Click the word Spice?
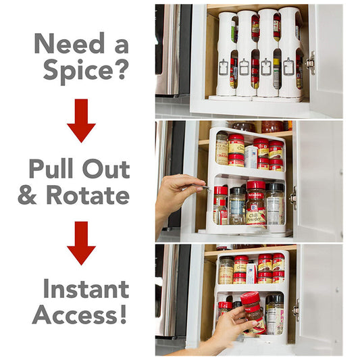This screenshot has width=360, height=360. pos(85,69)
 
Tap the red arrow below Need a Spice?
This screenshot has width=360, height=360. pos(81,120)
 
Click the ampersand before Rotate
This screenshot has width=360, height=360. pos(29,195)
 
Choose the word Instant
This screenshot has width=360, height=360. pos(85,289)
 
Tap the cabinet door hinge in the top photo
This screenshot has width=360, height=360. pos(310,62)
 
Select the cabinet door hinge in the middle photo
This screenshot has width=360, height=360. pos(293,198)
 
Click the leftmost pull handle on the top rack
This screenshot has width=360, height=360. pos(223,66)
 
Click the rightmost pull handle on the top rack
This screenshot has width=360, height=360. pos(288,66)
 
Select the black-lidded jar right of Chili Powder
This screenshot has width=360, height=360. pos(275,204)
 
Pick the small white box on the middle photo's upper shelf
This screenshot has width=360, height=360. pos(251,157)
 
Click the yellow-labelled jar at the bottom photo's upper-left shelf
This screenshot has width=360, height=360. pos(226,270)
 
